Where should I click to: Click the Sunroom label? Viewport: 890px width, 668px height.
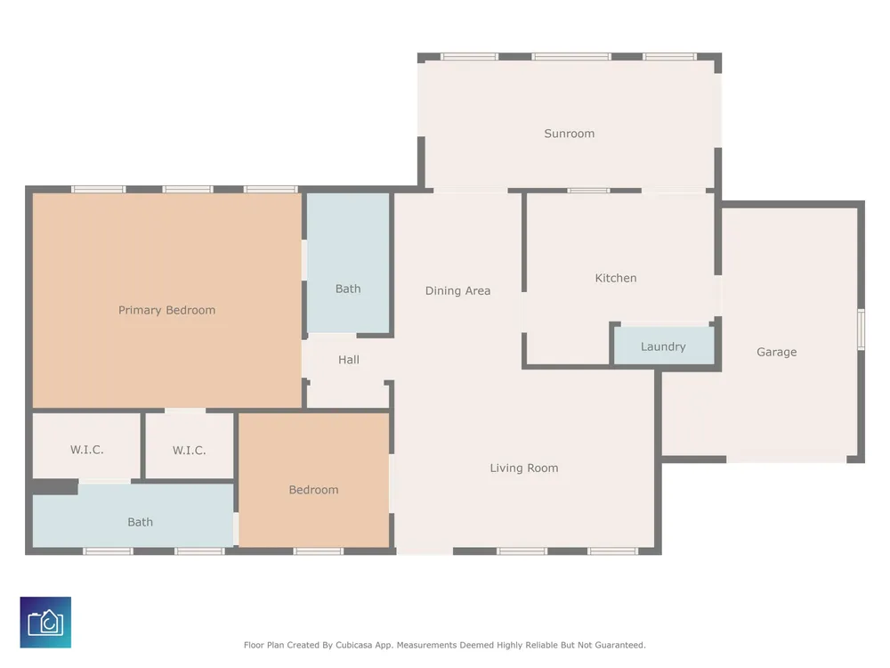tap(570, 134)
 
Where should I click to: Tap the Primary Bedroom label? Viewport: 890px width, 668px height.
tap(167, 310)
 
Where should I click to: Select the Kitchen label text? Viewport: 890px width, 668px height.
tap(616, 278)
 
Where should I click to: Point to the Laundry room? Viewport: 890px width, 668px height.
tap(664, 346)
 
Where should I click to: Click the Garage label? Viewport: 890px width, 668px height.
tap(776, 352)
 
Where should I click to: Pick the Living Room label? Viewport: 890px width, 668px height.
tap(524, 468)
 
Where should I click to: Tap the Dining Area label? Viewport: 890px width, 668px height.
tap(458, 291)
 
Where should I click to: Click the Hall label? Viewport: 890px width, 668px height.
tap(349, 360)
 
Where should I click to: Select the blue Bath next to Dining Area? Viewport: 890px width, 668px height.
tap(348, 263)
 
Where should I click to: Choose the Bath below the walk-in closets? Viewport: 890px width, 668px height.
tap(133, 516)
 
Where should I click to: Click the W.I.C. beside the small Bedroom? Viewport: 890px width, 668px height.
tap(189, 451)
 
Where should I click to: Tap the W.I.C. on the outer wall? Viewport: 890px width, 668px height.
tap(87, 450)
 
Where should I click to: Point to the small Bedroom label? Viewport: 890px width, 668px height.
tap(313, 490)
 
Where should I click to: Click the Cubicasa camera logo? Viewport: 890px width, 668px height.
tap(45, 622)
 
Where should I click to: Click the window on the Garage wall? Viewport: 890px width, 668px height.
tap(861, 329)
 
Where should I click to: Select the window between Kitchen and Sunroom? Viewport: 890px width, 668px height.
tap(588, 191)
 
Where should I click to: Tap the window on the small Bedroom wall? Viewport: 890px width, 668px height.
tap(318, 551)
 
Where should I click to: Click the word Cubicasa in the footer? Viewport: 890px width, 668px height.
tap(357, 645)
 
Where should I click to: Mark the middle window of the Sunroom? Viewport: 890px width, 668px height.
tap(571, 57)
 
